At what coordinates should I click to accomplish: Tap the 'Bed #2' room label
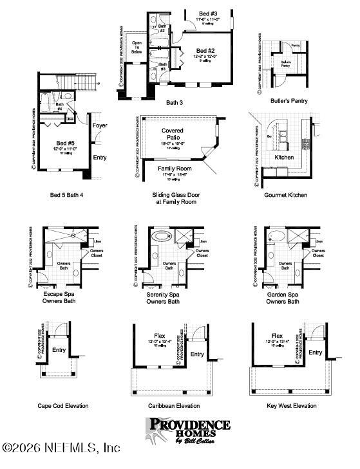[205, 51]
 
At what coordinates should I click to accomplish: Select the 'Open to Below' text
[137, 47]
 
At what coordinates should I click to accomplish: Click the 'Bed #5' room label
[66, 143]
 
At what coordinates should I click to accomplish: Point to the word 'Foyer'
[100, 125]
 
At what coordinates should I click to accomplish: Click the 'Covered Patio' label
[172, 134]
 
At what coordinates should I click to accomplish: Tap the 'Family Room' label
[175, 169]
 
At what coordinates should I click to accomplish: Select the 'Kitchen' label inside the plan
[285, 157]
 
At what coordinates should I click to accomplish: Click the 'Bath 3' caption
[175, 102]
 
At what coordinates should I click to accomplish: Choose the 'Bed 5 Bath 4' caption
[68, 194]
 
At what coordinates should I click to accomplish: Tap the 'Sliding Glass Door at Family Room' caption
[174, 198]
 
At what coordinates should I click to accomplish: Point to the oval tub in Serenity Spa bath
[158, 237]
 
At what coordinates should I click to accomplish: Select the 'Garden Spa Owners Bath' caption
[283, 297]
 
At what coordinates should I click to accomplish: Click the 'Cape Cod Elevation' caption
[63, 406]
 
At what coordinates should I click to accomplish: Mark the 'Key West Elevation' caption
[292, 406]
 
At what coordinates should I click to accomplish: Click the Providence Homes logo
[188, 430]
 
